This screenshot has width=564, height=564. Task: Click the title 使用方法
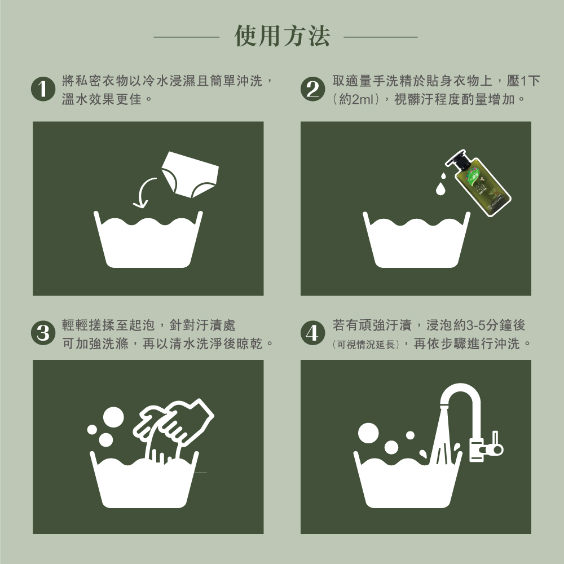[x=282, y=37]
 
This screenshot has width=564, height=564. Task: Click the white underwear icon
[x=188, y=174]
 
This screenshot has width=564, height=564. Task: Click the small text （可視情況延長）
[x=365, y=344]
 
